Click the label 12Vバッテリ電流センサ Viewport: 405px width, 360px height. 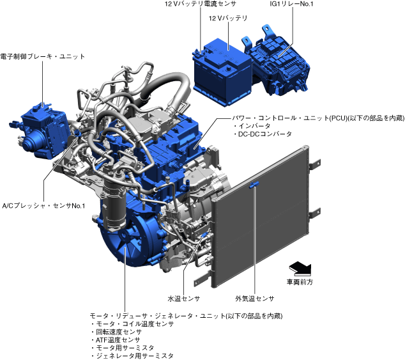coord(201,4)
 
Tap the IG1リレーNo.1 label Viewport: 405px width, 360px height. coord(291,4)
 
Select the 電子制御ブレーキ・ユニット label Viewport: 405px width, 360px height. coord(43,56)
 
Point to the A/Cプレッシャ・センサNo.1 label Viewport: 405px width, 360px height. coord(43,206)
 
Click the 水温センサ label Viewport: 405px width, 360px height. coord(183,299)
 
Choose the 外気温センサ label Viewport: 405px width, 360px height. coord(255,299)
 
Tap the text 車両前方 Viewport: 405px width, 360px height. coord(300,282)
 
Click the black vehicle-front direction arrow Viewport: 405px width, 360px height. coord(300,269)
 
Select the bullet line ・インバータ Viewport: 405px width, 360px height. coord(252,126)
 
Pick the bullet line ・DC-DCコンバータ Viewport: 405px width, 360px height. coord(262,134)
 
